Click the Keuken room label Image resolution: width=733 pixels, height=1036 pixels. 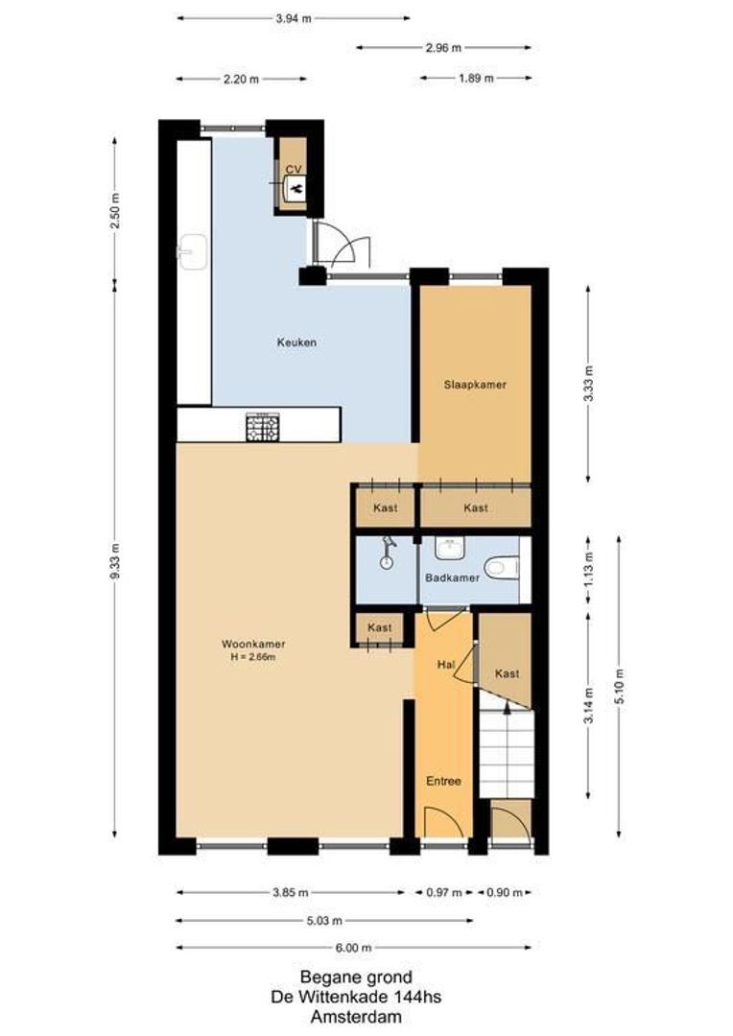pos(296,341)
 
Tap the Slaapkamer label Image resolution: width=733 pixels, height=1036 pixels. pos(474,385)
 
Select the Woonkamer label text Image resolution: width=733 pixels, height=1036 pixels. pos(253,644)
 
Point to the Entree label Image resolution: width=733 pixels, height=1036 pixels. pos(444,781)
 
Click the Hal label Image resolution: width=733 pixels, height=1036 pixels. pos(445,664)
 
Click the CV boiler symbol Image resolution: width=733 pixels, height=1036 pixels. pos(295,186)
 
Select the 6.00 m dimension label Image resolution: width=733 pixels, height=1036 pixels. pos(353,948)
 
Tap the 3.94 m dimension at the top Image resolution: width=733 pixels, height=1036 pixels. pos(293,18)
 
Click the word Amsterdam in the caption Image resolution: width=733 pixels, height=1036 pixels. pos(357,1017)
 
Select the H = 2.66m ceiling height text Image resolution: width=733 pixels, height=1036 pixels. pos(253,656)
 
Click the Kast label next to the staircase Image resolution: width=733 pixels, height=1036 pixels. pos(507,673)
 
